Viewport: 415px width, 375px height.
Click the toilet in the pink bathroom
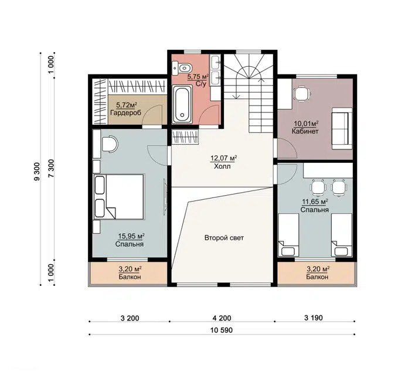(x=181, y=69)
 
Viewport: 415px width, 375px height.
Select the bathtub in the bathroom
(x=182, y=104)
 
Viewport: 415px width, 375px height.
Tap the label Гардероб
(x=125, y=112)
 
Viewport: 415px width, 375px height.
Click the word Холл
(x=222, y=166)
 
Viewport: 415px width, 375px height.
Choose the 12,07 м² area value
(x=223, y=158)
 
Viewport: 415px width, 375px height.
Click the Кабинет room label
(x=305, y=131)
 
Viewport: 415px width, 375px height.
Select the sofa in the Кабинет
(x=342, y=128)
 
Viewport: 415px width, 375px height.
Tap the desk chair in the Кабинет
(x=302, y=94)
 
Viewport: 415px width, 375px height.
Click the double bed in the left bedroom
(x=119, y=197)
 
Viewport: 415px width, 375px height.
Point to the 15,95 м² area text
(x=131, y=236)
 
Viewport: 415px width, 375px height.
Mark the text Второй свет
(x=224, y=238)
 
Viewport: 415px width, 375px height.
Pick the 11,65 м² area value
(x=315, y=202)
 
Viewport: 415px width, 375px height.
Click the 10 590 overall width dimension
(x=222, y=330)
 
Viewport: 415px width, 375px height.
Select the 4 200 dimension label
(x=222, y=318)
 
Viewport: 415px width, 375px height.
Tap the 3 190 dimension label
(x=314, y=318)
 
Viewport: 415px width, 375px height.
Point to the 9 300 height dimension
(x=37, y=172)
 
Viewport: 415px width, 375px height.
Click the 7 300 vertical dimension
(x=52, y=168)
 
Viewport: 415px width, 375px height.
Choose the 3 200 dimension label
(x=130, y=318)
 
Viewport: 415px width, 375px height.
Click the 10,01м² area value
(x=306, y=124)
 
